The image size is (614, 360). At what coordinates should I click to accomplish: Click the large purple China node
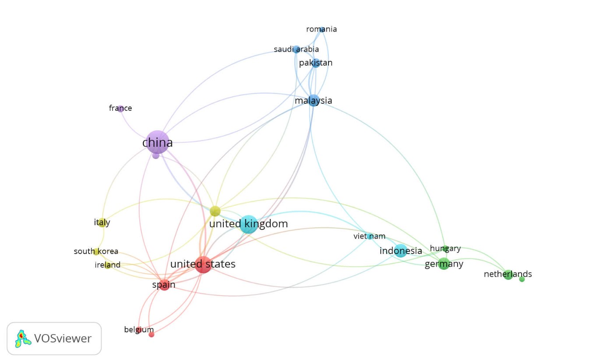pyautogui.click(x=157, y=142)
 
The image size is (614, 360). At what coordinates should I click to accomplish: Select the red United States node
pyautogui.click(x=203, y=265)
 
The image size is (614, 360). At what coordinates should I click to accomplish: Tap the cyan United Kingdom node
pyautogui.click(x=249, y=224)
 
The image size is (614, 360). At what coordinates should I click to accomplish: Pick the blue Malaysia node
pyautogui.click(x=314, y=100)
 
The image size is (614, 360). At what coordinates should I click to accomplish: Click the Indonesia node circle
pyautogui.click(x=401, y=251)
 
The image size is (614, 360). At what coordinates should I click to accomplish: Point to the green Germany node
pyautogui.click(x=444, y=264)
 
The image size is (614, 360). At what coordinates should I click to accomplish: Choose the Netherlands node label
pyautogui.click(x=508, y=274)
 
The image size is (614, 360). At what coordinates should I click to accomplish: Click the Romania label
pyautogui.click(x=321, y=29)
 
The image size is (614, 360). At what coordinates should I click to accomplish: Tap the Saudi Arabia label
pyautogui.click(x=296, y=49)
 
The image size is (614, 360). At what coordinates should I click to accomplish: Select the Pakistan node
pyautogui.click(x=316, y=63)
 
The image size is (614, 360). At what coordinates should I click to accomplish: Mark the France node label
pyautogui.click(x=120, y=108)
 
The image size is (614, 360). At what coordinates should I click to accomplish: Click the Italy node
pyautogui.click(x=102, y=222)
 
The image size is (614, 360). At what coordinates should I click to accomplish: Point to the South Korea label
pyautogui.click(x=96, y=251)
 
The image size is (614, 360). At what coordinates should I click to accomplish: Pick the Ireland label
pyautogui.click(x=107, y=265)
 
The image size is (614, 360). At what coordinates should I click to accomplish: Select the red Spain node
pyautogui.click(x=165, y=285)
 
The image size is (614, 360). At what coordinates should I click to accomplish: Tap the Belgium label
pyautogui.click(x=139, y=330)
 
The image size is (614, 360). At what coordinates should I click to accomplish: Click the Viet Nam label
pyautogui.click(x=369, y=236)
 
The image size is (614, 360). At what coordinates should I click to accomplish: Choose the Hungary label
pyautogui.click(x=445, y=248)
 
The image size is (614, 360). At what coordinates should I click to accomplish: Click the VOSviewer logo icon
pyautogui.click(x=23, y=339)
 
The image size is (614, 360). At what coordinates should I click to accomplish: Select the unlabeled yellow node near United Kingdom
pyautogui.click(x=215, y=212)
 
